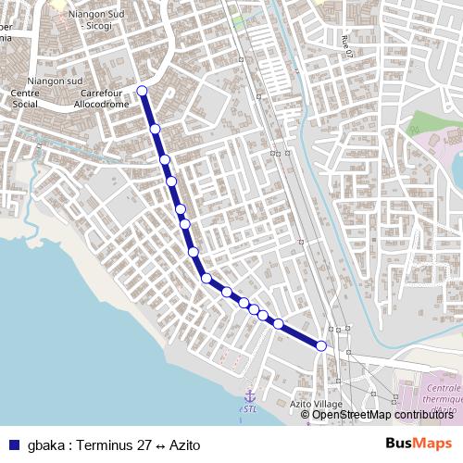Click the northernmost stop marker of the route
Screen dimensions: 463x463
[x=142, y=90]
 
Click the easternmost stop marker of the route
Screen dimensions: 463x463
[x=321, y=345]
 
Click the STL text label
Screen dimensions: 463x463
[x=249, y=408]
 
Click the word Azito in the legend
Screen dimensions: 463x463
[x=184, y=444]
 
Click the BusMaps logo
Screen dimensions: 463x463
[x=419, y=444]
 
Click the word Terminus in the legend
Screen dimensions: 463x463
[x=105, y=444]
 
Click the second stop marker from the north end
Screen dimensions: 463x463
[x=156, y=129]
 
